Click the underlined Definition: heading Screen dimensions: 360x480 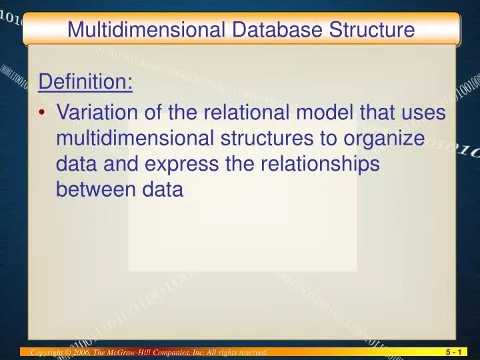pos(86,83)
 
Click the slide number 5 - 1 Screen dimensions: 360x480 pos(455,352)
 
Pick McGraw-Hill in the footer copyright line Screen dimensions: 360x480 pos(140,352)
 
